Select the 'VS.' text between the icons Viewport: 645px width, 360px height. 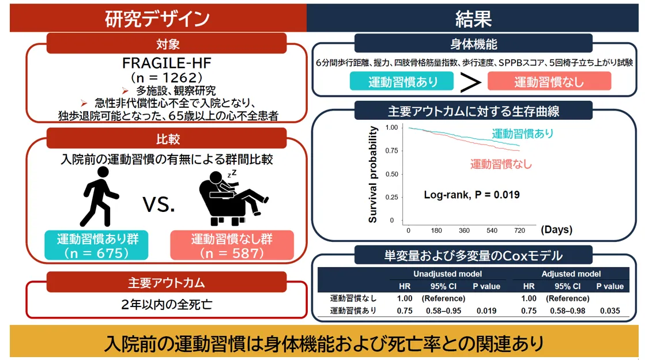tap(159, 204)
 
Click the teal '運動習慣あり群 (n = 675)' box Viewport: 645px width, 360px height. tap(96, 245)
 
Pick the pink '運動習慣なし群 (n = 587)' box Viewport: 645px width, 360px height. tap(232, 245)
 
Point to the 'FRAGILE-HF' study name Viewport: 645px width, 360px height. tap(167, 63)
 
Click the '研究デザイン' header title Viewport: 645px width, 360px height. tap(157, 18)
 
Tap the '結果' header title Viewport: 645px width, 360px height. tap(473, 18)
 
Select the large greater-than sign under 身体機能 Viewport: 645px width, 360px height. tap(471, 82)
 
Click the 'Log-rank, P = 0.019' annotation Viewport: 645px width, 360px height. tap(472, 194)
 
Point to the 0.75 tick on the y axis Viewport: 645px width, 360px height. tap(391, 151)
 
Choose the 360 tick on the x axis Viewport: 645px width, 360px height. tap(464, 230)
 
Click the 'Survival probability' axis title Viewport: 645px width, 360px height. tap(373, 175)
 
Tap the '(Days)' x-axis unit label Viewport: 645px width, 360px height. tap(557, 229)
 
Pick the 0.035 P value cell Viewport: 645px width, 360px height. tap(610, 311)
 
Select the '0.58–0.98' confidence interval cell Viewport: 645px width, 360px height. tap(568, 311)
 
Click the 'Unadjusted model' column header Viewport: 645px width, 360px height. tap(447, 274)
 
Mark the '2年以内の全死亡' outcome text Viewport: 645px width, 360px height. tap(167, 305)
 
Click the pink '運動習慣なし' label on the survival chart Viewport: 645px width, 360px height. tap(501, 164)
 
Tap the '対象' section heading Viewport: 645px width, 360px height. tap(168, 44)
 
